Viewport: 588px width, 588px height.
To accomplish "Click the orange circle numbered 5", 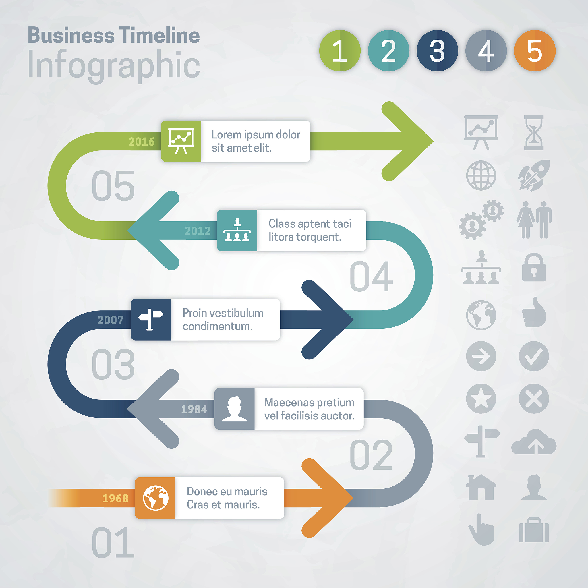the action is click(534, 51).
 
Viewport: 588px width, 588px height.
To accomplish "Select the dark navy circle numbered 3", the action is click(437, 51).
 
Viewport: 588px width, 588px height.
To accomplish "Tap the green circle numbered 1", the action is click(340, 51).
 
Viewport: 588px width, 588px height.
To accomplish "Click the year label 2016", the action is click(141, 142).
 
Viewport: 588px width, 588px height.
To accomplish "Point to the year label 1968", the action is click(115, 498).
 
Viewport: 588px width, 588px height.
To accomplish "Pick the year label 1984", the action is click(194, 409).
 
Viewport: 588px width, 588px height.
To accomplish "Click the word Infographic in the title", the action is click(113, 65).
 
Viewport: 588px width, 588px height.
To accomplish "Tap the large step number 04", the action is click(371, 276).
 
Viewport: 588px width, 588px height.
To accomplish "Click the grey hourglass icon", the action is click(533, 132).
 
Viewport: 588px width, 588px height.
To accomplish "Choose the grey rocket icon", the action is click(534, 175).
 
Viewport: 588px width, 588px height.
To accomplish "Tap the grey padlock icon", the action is click(533, 267).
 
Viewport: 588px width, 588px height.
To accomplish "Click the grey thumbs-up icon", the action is click(534, 312).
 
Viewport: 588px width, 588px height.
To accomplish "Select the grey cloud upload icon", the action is click(534, 442).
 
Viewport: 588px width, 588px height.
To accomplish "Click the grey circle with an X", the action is click(534, 399).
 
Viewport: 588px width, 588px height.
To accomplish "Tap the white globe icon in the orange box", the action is click(156, 498).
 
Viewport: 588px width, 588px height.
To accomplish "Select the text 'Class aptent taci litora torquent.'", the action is click(310, 230).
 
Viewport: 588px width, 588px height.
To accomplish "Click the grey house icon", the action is click(481, 488).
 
